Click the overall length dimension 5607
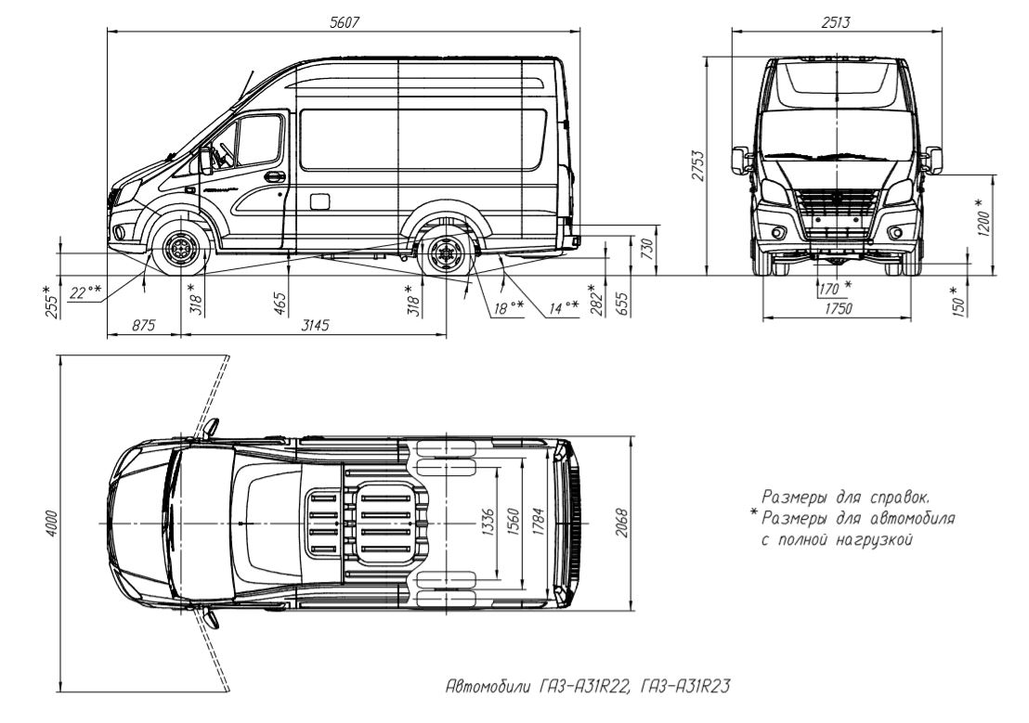coord(345,21)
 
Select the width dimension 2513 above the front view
coord(836,21)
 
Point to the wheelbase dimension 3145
coord(315,325)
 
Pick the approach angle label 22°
coord(86,292)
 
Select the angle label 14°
coord(564,306)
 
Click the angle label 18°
coord(509,306)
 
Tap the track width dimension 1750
coord(838,308)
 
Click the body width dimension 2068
coord(621,523)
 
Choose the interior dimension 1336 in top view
coord(487,523)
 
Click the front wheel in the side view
coord(179,250)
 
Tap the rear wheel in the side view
coord(447,252)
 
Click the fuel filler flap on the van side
coord(319,200)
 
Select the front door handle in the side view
coord(274,176)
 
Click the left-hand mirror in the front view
coord(741,161)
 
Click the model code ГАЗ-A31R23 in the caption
coord(684,686)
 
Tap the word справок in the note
coord(897,497)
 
